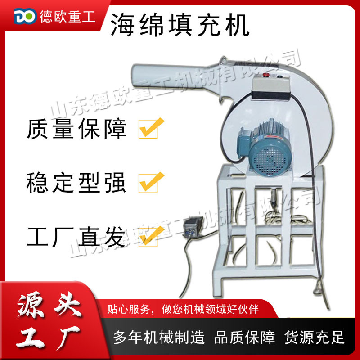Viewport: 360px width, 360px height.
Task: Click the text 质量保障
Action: coord(77,129)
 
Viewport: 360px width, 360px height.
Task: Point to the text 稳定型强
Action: coord(77,183)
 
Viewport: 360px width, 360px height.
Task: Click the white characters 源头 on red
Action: coord(49,307)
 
